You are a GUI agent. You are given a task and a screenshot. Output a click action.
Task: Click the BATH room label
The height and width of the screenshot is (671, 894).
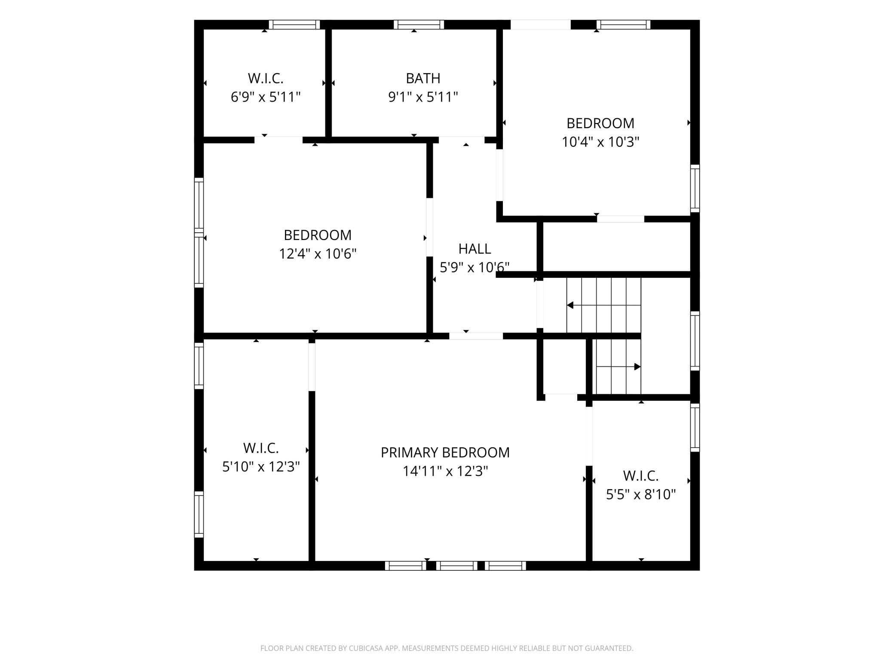(423, 78)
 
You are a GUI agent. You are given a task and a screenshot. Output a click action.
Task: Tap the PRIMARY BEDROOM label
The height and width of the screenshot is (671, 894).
(445, 452)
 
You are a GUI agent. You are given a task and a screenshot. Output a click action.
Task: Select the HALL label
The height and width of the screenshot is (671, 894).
(475, 249)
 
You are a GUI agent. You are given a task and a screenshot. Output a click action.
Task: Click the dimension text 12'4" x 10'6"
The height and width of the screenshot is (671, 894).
(318, 254)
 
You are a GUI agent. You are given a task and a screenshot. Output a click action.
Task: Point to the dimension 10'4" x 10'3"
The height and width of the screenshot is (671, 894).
(600, 142)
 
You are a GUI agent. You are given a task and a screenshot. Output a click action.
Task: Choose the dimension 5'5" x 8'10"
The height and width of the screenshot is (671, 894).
(641, 495)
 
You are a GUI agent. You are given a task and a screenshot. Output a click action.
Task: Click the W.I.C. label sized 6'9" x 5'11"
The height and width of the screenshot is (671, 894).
(266, 78)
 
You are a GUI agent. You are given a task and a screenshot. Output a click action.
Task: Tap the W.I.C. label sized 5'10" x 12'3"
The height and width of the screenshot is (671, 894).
(261, 448)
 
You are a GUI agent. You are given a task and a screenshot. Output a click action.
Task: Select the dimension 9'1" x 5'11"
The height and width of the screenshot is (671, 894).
(423, 97)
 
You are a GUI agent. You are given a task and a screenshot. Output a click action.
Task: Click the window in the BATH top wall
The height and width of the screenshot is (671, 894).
(419, 25)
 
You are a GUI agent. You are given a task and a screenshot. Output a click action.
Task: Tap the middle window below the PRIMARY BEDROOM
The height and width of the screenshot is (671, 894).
(456, 566)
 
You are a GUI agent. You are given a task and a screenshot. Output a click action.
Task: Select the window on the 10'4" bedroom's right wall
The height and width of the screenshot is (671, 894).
(695, 188)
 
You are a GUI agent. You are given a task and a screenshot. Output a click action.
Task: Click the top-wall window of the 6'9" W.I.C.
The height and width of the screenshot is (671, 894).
(294, 25)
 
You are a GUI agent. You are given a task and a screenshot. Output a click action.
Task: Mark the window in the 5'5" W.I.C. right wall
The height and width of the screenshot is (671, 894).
(695, 428)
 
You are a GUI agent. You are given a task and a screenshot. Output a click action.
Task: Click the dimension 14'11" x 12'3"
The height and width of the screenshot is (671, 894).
(445, 471)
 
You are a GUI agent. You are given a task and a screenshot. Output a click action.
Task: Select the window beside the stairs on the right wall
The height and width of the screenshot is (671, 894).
(695, 341)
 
